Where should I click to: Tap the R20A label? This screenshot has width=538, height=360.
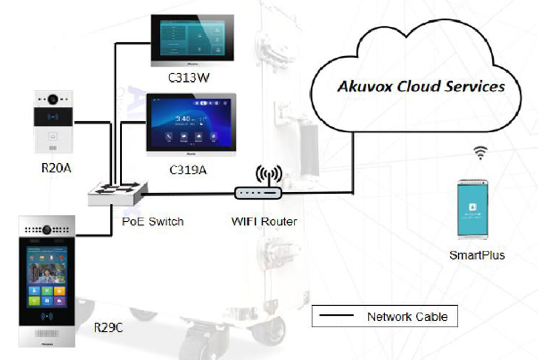(53, 169)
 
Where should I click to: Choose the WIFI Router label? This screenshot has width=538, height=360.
(264, 221)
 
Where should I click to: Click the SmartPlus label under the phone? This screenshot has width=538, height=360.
(477, 255)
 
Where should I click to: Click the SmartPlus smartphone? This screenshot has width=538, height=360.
(471, 209)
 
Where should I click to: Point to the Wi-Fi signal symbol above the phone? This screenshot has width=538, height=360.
(480, 153)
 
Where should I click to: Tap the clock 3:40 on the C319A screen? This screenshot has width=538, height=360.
(182, 119)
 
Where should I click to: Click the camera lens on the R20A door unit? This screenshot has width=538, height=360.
(53, 98)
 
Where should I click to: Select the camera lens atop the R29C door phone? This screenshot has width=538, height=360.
(47, 229)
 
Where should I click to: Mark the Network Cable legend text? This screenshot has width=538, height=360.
(407, 316)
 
